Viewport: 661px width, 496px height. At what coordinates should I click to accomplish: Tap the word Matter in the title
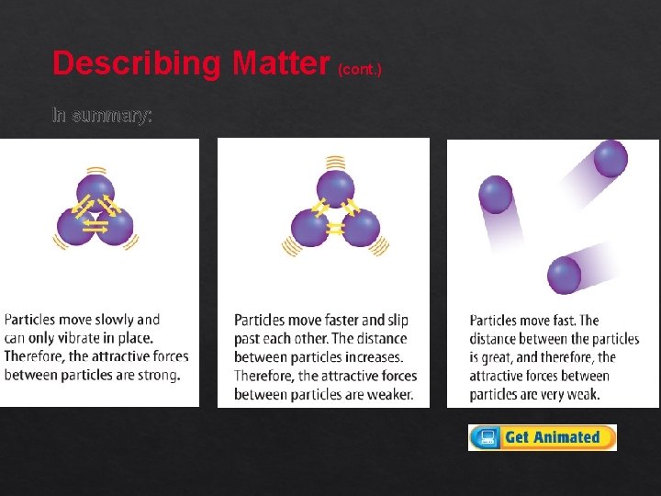click(x=281, y=63)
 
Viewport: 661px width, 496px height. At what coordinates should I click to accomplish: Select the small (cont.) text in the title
click(x=360, y=69)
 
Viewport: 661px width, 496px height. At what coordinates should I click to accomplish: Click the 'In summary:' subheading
click(x=102, y=116)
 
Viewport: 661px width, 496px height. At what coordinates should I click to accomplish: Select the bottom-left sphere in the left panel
click(x=75, y=226)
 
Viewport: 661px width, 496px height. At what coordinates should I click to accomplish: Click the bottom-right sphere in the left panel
click(x=116, y=226)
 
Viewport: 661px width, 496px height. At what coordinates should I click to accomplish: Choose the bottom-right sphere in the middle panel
click(x=361, y=228)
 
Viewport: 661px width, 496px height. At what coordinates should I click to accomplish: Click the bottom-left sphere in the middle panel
click(x=310, y=228)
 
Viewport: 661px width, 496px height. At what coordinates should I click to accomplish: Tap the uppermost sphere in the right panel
click(x=611, y=159)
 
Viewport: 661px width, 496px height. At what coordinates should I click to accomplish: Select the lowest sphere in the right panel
click(x=564, y=275)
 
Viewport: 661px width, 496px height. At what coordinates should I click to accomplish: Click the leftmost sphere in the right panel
click(x=496, y=195)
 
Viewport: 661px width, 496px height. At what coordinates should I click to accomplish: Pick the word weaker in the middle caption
click(x=389, y=395)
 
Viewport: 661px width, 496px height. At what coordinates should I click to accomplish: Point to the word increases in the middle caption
click(x=371, y=357)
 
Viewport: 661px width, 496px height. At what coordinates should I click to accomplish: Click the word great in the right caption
click(x=501, y=357)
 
